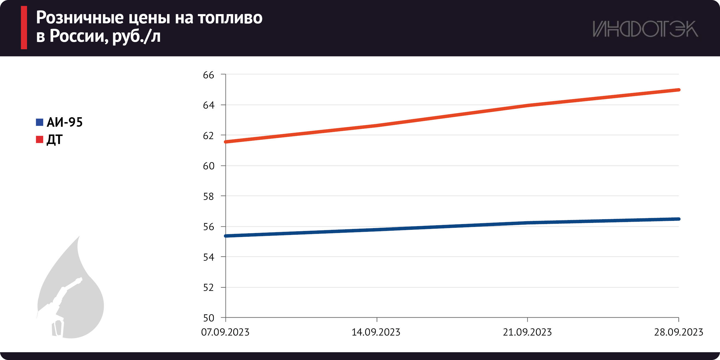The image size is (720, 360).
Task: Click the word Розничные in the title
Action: [80, 18]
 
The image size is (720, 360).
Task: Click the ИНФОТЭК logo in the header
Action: [645, 29]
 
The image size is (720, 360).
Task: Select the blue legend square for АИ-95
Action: [39, 122]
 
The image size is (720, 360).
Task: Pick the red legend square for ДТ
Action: [39, 139]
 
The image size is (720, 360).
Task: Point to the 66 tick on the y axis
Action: [209, 75]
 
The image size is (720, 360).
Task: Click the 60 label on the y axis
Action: [209, 166]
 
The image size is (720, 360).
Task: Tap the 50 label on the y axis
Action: [209, 318]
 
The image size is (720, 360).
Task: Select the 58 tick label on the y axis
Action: [209, 196]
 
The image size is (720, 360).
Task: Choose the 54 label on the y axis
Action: [209, 257]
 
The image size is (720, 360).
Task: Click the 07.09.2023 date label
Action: [225, 332]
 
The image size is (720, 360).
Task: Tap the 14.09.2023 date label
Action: [376, 332]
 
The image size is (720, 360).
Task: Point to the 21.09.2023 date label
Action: [527, 332]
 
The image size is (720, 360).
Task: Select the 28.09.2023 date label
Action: [679, 332]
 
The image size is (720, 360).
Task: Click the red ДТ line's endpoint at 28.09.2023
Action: [679, 90]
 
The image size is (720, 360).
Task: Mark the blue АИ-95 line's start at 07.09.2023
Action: [226, 236]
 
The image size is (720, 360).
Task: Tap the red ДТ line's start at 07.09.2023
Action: [226, 142]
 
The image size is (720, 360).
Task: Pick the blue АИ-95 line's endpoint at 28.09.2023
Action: [679, 219]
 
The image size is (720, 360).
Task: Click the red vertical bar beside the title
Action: [24, 28]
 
